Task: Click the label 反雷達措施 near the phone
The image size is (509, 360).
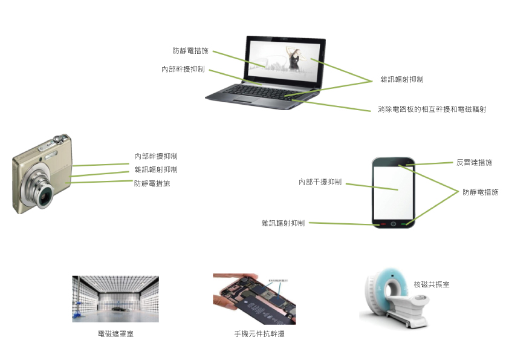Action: click(x=475, y=163)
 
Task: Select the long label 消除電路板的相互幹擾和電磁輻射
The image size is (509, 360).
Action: click(x=432, y=109)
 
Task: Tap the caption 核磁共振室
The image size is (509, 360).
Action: click(x=432, y=284)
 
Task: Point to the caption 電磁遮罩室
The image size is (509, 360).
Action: click(x=115, y=334)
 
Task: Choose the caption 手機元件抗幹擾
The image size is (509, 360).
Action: click(x=259, y=334)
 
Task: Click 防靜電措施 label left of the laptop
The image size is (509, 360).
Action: click(x=190, y=51)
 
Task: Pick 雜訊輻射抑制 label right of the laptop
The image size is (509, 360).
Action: click(x=402, y=79)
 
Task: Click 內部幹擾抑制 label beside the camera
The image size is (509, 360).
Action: click(x=156, y=156)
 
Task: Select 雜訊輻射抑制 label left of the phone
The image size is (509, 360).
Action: click(x=283, y=223)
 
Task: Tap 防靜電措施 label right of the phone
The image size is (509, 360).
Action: click(x=481, y=192)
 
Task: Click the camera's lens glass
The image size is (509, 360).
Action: click(x=45, y=196)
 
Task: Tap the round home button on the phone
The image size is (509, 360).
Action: click(x=394, y=224)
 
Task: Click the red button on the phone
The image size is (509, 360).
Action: click(x=383, y=224)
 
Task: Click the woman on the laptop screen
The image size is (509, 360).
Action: click(x=294, y=59)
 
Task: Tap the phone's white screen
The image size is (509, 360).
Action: click(x=393, y=192)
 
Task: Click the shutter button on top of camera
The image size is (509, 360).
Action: click(x=57, y=139)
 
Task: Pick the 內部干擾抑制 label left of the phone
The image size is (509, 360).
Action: click(x=320, y=182)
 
